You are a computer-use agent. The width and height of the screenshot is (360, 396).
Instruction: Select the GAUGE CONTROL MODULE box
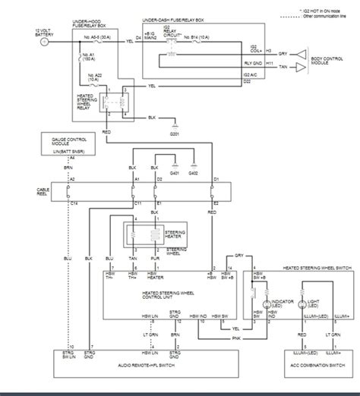click(x=74, y=144)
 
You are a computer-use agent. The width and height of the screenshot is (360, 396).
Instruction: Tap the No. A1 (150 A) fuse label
click(x=98, y=58)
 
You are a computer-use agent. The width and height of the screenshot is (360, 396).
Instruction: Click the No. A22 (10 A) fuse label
click(x=99, y=76)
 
